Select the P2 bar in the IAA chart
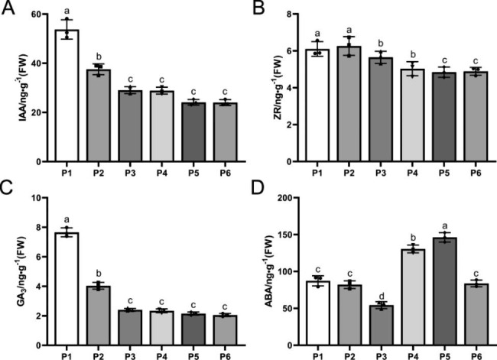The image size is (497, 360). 99,115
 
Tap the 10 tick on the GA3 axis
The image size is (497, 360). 37,198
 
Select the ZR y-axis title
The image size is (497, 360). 268,86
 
